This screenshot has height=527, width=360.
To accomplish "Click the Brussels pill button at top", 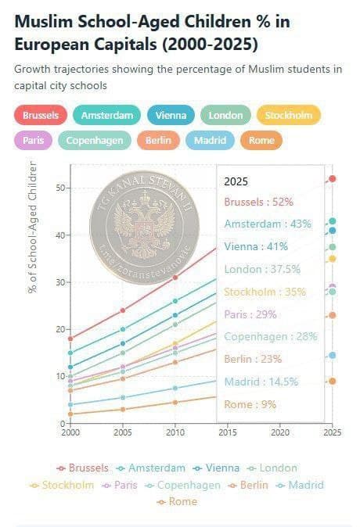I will pyautogui.click(x=41, y=116).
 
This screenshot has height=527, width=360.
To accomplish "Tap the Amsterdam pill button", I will pyautogui.click(x=107, y=116).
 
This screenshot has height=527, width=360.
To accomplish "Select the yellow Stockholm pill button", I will pyautogui.click(x=288, y=116).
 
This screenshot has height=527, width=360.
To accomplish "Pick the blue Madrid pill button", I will pyautogui.click(x=210, y=141).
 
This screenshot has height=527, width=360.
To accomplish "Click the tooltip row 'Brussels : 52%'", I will pyautogui.click(x=258, y=202).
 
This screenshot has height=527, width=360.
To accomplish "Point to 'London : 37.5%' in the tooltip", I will pyautogui.click(x=261, y=269).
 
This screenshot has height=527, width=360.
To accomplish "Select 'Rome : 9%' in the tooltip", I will pyautogui.click(x=250, y=404).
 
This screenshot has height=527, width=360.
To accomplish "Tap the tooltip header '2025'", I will pyautogui.click(x=236, y=181).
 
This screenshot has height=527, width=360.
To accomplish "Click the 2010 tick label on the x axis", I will pyautogui.click(x=175, y=432).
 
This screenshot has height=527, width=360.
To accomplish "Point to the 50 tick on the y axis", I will pyautogui.click(x=59, y=188).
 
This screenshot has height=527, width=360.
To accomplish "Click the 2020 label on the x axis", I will pyautogui.click(x=280, y=432).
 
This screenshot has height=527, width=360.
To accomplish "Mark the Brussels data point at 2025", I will pyautogui.click(x=333, y=178).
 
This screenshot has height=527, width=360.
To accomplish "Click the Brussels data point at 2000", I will pyautogui.click(x=70, y=339).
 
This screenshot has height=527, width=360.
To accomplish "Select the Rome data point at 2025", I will pyautogui.click(x=333, y=381).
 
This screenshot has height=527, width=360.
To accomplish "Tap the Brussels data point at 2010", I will pyautogui.click(x=175, y=278).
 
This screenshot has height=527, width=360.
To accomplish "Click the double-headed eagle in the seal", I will pyautogui.click(x=143, y=216).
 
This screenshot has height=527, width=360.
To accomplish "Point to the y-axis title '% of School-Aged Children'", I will pyautogui.click(x=32, y=227).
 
